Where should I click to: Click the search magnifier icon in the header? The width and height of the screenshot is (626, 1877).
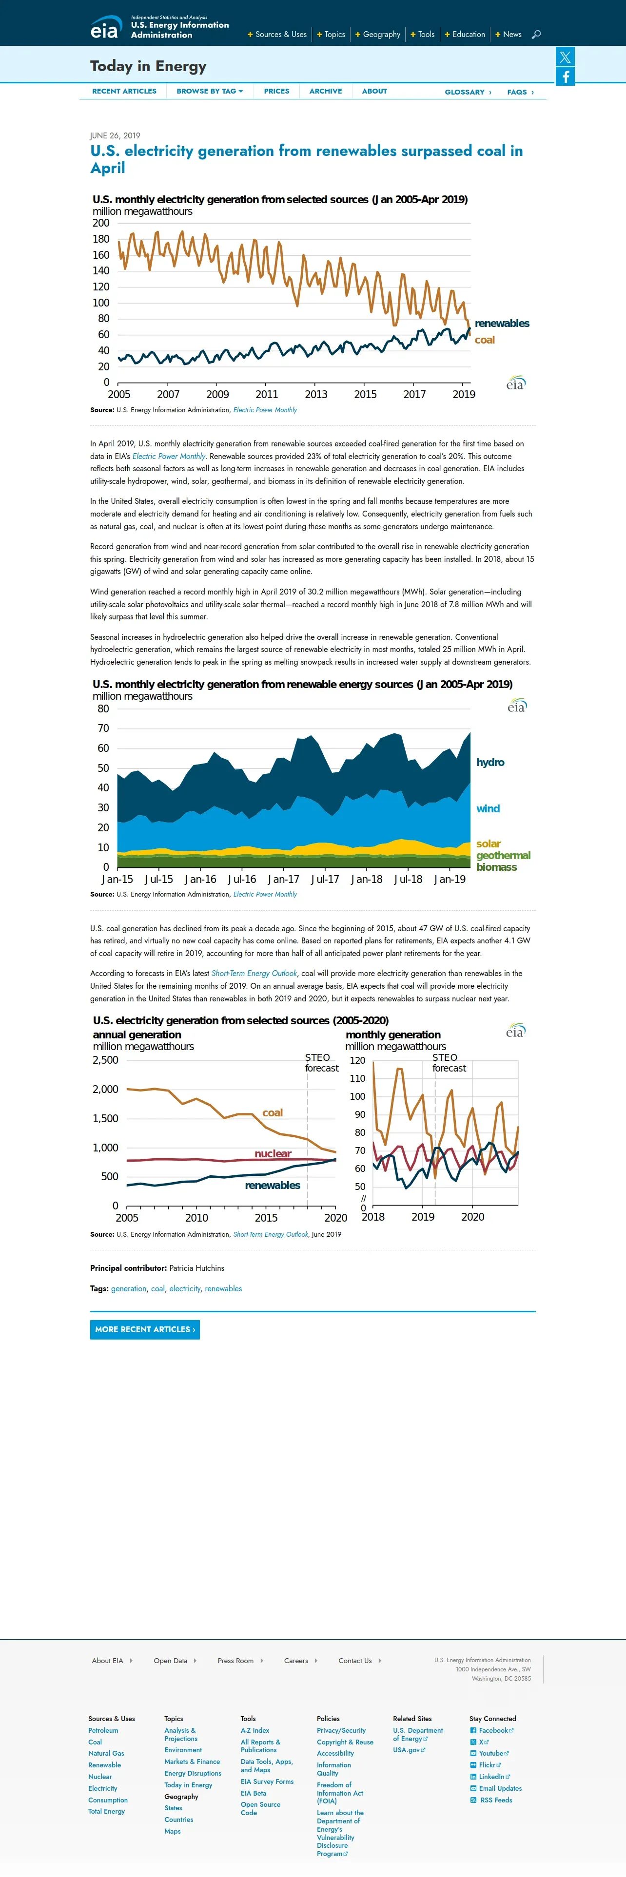pyautogui.click(x=536, y=34)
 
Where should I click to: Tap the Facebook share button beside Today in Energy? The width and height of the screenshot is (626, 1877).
pyautogui.click(x=566, y=77)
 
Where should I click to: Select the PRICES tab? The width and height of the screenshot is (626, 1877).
pyautogui.click(x=276, y=91)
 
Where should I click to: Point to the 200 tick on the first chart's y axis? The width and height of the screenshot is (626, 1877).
pyautogui.click(x=101, y=223)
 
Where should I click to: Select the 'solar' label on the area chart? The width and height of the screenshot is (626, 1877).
pyautogui.click(x=488, y=844)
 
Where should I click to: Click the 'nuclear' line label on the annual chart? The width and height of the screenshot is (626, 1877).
pyautogui.click(x=273, y=1153)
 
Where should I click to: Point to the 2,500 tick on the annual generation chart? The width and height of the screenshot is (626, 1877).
pyautogui.click(x=106, y=1060)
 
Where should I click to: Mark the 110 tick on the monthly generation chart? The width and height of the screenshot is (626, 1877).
pyautogui.click(x=357, y=1078)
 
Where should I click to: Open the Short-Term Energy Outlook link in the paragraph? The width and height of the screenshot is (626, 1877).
pyautogui.click(x=254, y=974)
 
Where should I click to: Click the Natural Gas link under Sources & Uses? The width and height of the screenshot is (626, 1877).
pyautogui.click(x=106, y=1753)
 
